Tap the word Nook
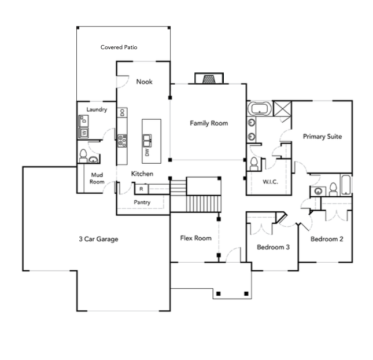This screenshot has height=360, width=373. tap(144, 82)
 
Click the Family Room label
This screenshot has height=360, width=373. tap(209, 123)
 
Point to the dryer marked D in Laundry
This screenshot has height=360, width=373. tap(84, 121)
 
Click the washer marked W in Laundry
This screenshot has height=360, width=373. tap(84, 133)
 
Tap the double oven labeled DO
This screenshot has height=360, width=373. tap(123, 112)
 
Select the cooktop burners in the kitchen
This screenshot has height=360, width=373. tap(122, 139)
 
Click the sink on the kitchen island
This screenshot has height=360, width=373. tap(147, 139)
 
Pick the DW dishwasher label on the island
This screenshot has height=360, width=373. tap(147, 153)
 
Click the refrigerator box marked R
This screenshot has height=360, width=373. tap(141, 188)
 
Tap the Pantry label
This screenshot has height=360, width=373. tap(142, 203)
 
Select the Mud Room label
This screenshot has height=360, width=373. tap(97, 178)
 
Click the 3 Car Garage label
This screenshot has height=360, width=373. tap(99, 238)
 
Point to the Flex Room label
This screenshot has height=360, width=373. tap(195, 238)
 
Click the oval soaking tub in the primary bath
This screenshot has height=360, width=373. tap(259, 108)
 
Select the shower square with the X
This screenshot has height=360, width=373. tap(282, 108)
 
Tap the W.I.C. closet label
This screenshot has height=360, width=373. tap(270, 182)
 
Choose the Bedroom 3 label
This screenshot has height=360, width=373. tap(273, 247)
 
